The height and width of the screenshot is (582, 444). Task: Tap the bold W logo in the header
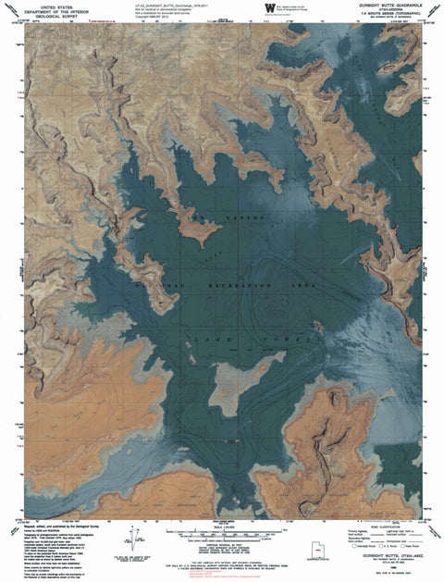point(269,8)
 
